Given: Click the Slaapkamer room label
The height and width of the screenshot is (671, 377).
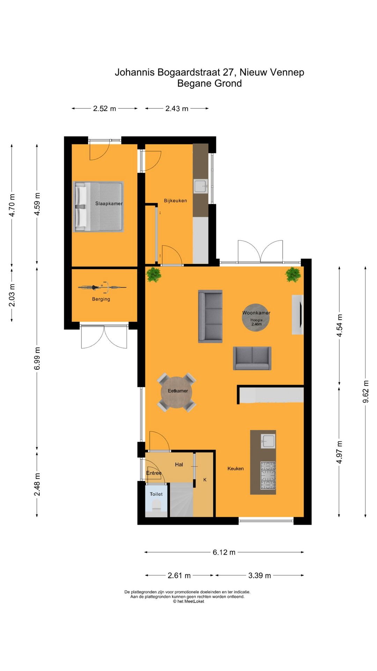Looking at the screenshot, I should coord(109,203).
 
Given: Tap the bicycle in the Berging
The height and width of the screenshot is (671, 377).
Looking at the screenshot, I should coord(102,287).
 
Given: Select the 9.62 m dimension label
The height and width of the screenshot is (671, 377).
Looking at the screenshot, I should coord(365,391).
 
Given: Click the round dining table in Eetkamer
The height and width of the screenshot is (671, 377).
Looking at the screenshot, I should coord(177,392).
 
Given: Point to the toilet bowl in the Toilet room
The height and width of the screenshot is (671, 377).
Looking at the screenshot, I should coord(156,505).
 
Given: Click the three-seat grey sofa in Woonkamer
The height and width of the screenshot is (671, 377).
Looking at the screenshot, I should coord(210,316).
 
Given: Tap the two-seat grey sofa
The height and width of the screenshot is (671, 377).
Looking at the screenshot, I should coord(252,358).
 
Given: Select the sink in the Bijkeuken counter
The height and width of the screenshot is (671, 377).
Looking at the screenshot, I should coord(201,186).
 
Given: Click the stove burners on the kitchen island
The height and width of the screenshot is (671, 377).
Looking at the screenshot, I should coord(268,475).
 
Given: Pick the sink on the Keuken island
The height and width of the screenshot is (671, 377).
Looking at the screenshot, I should coord(268,441).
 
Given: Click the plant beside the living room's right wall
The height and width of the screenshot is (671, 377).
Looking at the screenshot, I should coord(293,275).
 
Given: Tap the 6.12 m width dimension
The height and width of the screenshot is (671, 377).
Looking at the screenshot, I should coord(224,552).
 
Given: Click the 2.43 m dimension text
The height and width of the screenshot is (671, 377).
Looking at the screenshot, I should coord(177,109).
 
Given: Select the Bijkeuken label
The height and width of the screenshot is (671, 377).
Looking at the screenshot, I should coord(175,201).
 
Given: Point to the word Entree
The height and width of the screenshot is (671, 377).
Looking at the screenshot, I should coord(154,473).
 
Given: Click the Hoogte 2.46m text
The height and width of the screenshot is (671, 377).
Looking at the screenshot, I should coord(256,322).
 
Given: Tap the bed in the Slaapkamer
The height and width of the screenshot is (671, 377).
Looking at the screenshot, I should coord(98,207).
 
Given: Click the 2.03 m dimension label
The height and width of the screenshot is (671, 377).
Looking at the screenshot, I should coord(12,295).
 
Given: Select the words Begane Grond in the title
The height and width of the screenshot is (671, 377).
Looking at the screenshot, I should coord(209,84).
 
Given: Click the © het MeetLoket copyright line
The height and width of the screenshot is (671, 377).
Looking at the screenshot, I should coord(188,601).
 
